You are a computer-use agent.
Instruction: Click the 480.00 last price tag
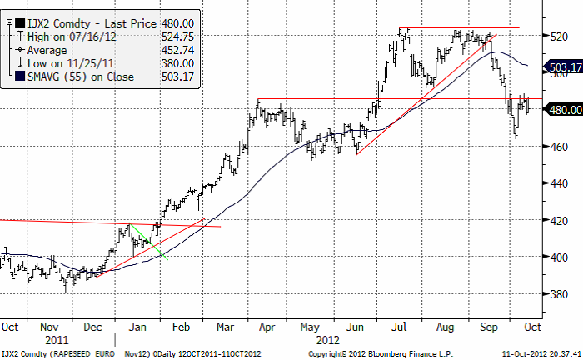pos(562,108)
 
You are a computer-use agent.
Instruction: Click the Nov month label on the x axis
pos(52,327)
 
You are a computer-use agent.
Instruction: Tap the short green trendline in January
pos(151,242)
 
